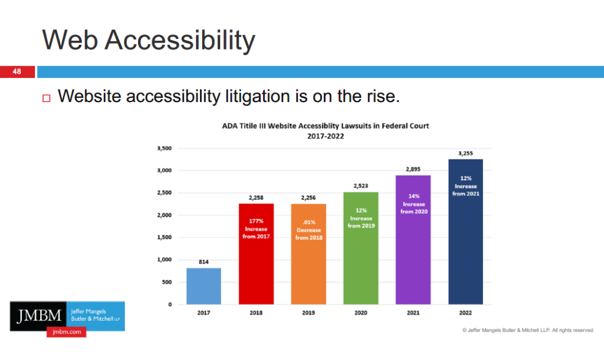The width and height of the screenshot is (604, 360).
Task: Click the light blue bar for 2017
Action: coord(204,286)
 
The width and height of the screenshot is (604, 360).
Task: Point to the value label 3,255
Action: coord(466,153)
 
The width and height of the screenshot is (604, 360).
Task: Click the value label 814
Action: coord(204,261)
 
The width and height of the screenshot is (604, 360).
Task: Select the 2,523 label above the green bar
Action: coord(361,185)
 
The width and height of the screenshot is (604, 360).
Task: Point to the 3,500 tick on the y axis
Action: coord(164,149)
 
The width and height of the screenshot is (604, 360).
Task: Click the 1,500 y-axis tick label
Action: coord(164,238)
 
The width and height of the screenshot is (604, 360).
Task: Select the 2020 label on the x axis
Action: coord(361,313)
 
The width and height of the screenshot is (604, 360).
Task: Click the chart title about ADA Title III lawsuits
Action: coord(325,126)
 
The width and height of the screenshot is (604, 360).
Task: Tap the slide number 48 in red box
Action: coord(17,72)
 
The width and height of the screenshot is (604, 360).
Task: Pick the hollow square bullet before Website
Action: coord(47,97)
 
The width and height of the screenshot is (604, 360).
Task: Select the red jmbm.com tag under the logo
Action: coord(66,332)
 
